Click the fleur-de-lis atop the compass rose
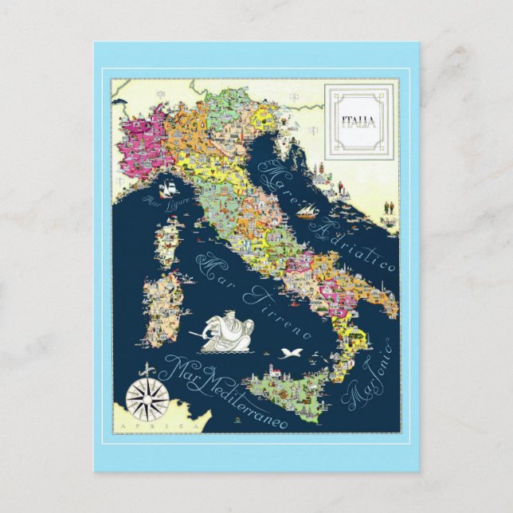tap(143, 370)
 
